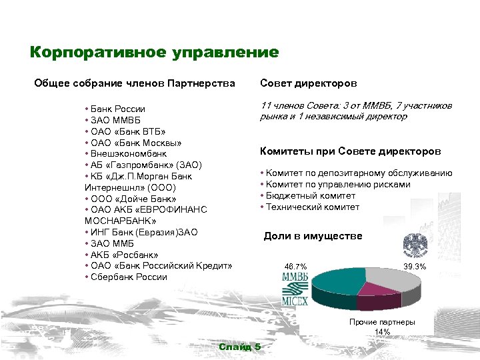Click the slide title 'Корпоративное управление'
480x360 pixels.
[154, 52]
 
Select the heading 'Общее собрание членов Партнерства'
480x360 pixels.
[135, 83]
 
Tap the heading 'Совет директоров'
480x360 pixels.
[308, 83]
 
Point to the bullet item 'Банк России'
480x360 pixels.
[119, 109]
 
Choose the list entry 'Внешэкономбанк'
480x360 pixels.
[129, 153]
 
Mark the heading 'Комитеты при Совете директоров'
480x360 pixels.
[350, 151]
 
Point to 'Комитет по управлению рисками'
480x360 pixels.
[338, 185]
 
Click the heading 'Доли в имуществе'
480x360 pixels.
[313, 236]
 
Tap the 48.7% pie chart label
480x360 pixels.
[295, 267]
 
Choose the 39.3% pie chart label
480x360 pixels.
[415, 267]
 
